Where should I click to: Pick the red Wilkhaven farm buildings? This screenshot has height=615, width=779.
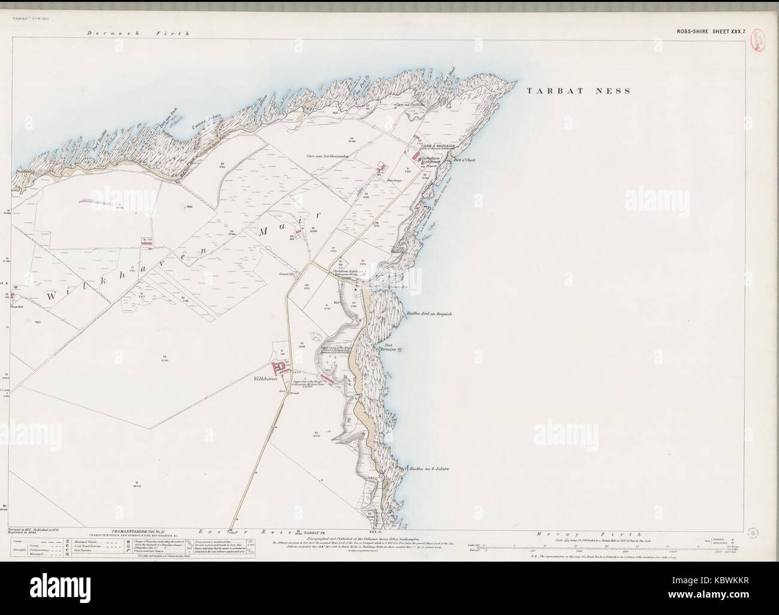(280, 367)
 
